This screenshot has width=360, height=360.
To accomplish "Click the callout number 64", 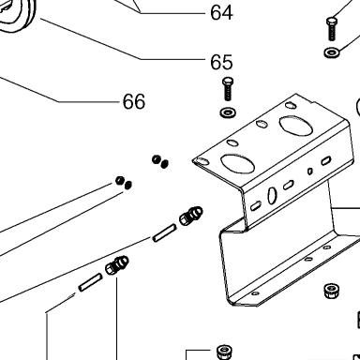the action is point(221,13).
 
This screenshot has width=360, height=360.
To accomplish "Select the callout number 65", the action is point(221,62).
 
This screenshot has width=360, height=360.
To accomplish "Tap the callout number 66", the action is point(134,101).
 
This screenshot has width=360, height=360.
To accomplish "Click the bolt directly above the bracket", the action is point(228,89).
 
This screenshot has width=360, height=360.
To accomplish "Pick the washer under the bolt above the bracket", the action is point(228,112).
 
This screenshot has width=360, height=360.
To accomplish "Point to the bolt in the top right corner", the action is point(332,29).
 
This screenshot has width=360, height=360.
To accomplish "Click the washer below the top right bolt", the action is point(332,52).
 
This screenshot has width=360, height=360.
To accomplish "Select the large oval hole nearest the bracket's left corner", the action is point(237,163).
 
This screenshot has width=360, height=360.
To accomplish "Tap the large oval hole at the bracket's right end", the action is point(295,126).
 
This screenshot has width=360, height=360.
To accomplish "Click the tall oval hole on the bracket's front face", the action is point(272,195).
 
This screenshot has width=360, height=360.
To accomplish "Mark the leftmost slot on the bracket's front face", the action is point(256,205).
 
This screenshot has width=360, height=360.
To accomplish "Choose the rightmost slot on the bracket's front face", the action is point(326,160).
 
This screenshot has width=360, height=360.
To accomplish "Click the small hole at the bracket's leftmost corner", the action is point(202,161).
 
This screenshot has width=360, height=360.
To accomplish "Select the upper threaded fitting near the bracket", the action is point(191,215).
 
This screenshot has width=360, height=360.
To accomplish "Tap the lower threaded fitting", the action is point(117,265).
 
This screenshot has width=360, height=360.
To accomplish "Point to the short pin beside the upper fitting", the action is point(164,232).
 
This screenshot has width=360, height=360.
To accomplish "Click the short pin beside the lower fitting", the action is point(90,282).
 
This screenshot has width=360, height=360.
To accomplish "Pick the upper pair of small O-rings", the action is point(160,161).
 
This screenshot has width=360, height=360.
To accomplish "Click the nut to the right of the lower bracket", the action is point(331,291).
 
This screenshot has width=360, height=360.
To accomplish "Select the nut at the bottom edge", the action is point(224,352).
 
